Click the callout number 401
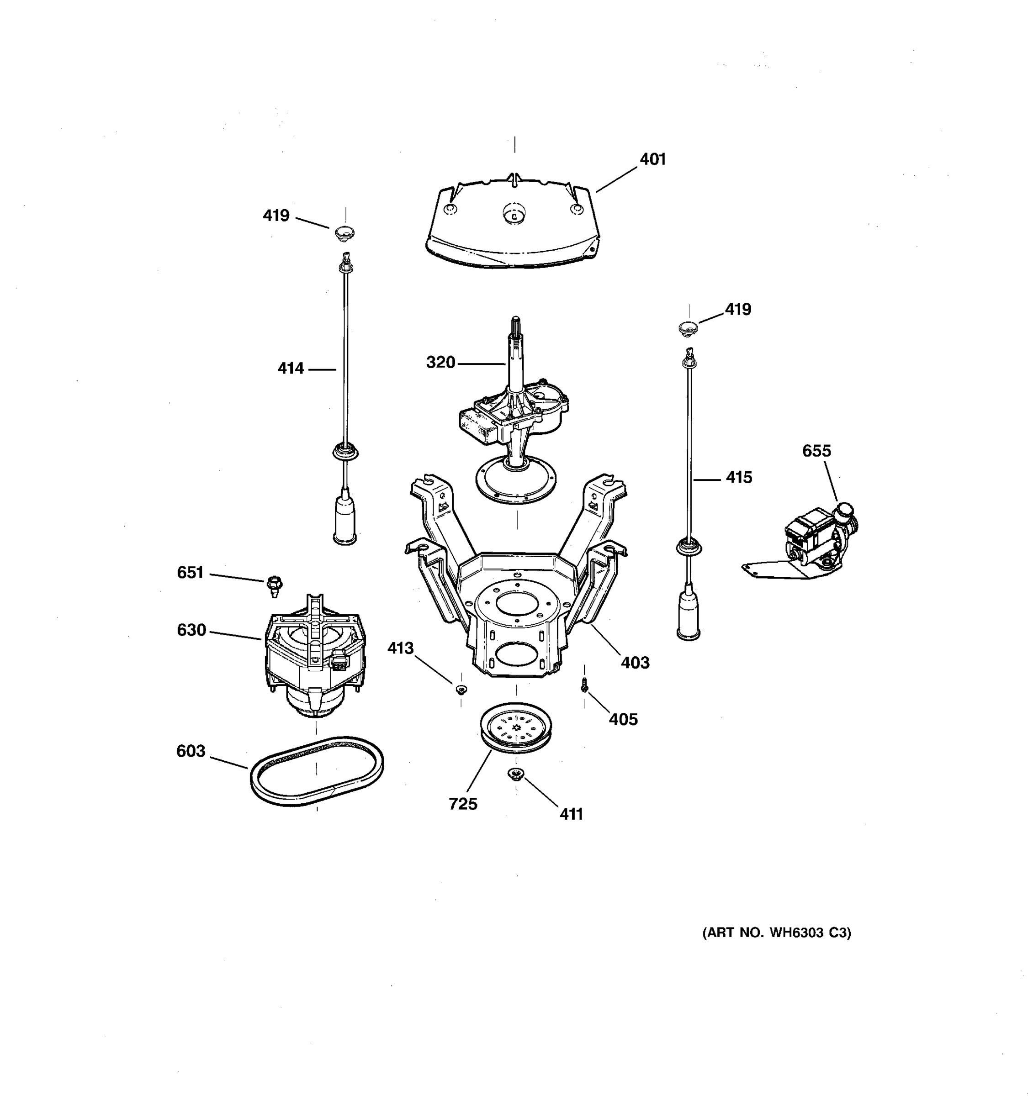click(652, 159)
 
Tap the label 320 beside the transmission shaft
click(440, 363)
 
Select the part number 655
click(816, 451)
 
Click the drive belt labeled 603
click(317, 771)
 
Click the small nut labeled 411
click(516, 774)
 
